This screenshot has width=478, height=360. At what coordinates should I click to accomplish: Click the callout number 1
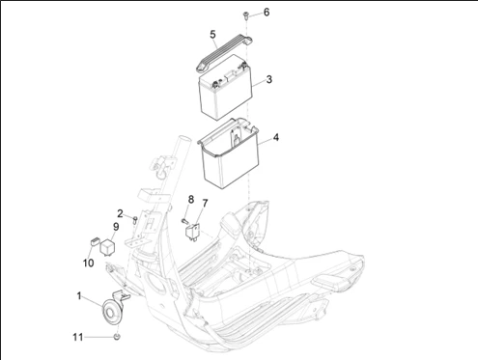click(79, 295)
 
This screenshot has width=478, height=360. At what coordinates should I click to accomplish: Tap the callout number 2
click(120, 213)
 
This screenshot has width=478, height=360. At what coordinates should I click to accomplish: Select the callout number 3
click(269, 79)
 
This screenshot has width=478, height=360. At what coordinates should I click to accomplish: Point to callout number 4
click(276, 138)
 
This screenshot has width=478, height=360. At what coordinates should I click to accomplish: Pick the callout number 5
click(212, 35)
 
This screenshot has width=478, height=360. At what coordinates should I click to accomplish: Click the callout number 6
click(267, 13)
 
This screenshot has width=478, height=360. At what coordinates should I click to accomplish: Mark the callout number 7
click(205, 204)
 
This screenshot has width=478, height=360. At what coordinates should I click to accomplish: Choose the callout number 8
click(191, 200)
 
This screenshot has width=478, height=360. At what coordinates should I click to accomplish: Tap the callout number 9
click(116, 227)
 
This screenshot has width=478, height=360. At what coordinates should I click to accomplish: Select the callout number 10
click(89, 263)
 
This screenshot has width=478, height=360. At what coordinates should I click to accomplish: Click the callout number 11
click(78, 337)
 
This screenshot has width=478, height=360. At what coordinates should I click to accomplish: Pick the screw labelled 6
click(245, 15)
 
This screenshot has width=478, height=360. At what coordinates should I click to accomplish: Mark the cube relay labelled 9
click(107, 247)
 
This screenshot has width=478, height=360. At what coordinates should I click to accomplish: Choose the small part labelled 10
click(94, 241)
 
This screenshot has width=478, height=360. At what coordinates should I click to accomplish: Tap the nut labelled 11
click(117, 337)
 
